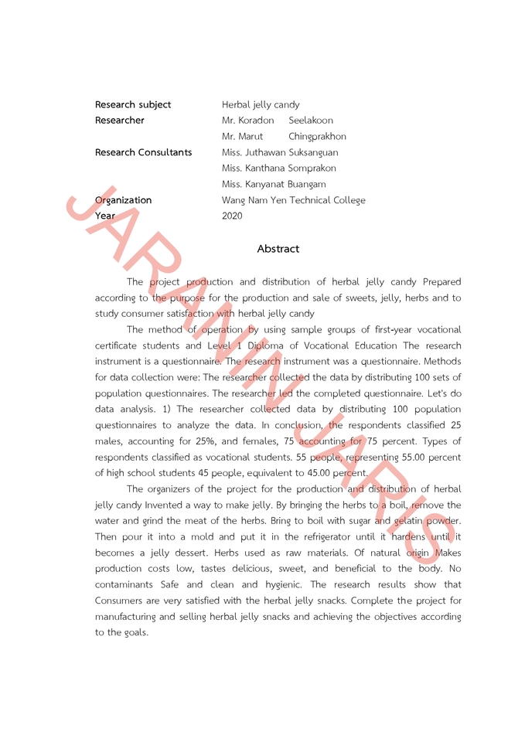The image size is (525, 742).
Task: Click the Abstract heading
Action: coord(278,249)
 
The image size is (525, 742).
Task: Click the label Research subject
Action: coord(133,104)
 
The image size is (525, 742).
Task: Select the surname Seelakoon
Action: coord(311,121)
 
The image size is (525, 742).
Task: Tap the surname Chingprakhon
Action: coord(317,137)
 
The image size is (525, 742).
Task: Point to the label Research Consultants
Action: coord(143,152)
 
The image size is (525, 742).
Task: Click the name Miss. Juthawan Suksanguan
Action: coord(279,152)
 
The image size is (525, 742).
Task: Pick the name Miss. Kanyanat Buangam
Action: coord(274,184)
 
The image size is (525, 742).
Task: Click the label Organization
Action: coord(124,200)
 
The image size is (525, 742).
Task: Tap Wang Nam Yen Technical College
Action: coord(293,200)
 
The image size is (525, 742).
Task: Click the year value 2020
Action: coord(232,216)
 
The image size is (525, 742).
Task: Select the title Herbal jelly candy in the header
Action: coord(261,104)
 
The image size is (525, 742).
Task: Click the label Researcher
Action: coord(120,121)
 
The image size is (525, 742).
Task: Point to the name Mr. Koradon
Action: coord(247,121)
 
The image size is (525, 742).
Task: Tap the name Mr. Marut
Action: coord(242,137)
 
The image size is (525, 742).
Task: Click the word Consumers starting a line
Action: coord(121,601)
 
